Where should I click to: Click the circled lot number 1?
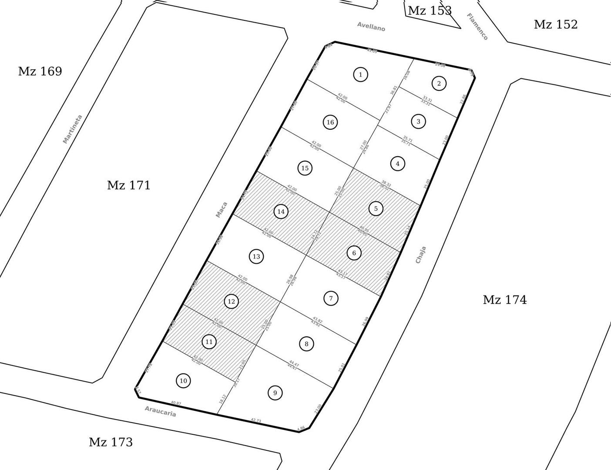360,74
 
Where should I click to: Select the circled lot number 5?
376,208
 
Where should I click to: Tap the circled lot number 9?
275,393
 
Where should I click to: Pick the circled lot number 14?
281,211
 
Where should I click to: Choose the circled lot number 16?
330,122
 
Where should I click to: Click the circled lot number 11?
209,342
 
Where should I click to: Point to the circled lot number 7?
331,298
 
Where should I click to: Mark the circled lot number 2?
439,84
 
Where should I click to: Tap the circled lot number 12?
231,301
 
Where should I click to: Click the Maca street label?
222,209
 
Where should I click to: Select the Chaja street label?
420,255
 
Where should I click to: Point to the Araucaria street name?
160,411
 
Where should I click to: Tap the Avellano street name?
371,27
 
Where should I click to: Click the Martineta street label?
72,129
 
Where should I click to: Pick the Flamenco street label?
477,27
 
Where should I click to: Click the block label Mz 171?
129,185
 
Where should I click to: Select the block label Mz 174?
504,300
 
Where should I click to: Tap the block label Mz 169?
40,71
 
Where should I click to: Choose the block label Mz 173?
111,442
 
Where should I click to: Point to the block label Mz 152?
555,24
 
